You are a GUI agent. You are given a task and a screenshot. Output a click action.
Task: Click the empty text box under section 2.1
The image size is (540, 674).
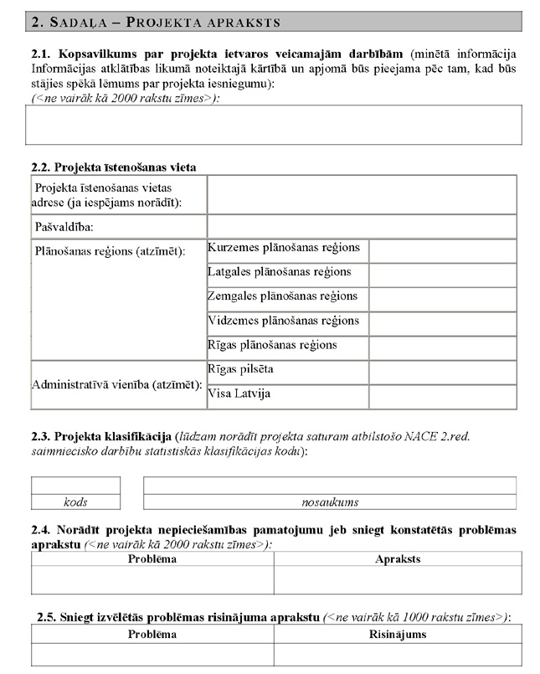[x=274, y=126]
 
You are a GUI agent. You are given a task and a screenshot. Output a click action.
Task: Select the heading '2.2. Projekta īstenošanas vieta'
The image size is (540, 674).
[x=114, y=167]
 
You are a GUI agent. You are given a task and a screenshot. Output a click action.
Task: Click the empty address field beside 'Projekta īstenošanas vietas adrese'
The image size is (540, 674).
[x=362, y=195]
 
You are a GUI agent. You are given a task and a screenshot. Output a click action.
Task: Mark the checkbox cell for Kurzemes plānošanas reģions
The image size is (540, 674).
[x=443, y=250]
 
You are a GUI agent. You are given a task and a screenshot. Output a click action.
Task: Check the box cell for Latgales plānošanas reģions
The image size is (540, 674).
[x=443, y=275]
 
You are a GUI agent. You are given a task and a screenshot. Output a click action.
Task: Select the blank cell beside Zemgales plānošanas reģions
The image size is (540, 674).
[x=443, y=299]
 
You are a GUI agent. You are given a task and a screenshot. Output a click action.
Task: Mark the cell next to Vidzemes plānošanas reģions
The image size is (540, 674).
[x=443, y=323]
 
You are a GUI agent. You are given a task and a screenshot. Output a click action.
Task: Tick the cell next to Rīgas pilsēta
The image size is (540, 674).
[x=443, y=372]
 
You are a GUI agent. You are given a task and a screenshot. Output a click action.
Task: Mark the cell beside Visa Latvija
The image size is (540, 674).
[x=443, y=396]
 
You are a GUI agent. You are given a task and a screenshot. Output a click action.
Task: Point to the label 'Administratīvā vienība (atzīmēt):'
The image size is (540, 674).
[x=117, y=384]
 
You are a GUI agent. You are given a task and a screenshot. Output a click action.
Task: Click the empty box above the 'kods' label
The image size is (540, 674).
[x=75, y=486]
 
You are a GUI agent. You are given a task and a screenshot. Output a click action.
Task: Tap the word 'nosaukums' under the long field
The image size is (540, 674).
[x=330, y=502]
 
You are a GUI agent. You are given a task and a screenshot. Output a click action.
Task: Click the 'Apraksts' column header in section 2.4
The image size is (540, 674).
[x=397, y=559]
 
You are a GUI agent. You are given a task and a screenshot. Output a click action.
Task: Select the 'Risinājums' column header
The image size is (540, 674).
[x=397, y=635]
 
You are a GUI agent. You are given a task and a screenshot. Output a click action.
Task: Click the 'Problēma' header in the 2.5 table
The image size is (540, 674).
[x=152, y=635]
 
